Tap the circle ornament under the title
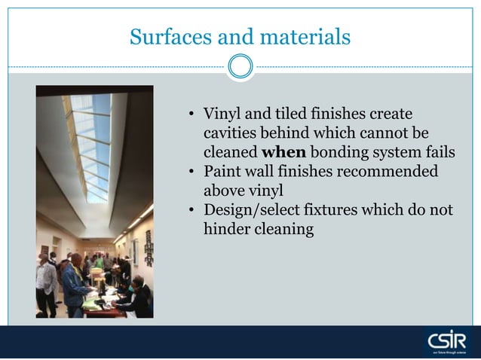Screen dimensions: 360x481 tap(240, 66)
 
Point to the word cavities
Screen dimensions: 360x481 tap(231, 133)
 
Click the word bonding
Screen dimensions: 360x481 tap(341, 152)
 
